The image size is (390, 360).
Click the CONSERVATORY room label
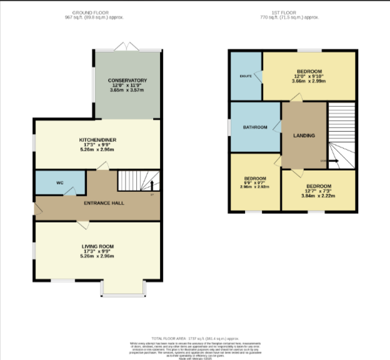(x=127, y=81)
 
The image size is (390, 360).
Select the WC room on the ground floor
(x=60, y=182)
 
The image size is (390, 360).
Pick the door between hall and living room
(x=82, y=223)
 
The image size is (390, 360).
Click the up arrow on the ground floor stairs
(x=151, y=186)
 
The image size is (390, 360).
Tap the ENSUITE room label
(x=246, y=76)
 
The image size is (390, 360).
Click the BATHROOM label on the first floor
(x=255, y=127)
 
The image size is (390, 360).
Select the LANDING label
(x=304, y=136)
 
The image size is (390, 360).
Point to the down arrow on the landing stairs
(x=331, y=161)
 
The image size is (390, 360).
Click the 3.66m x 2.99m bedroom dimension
(x=310, y=81)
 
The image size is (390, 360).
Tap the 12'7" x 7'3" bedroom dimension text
(x=319, y=191)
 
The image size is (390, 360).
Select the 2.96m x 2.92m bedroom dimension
(x=254, y=186)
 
